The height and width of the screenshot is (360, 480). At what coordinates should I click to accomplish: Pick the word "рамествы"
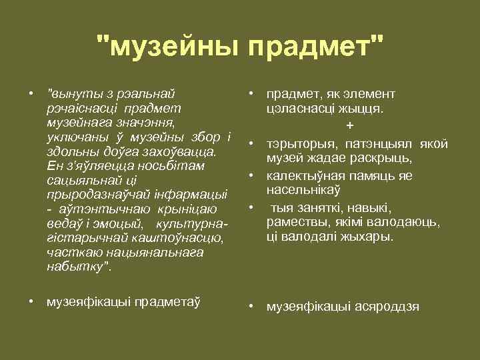click(x=295, y=222)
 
